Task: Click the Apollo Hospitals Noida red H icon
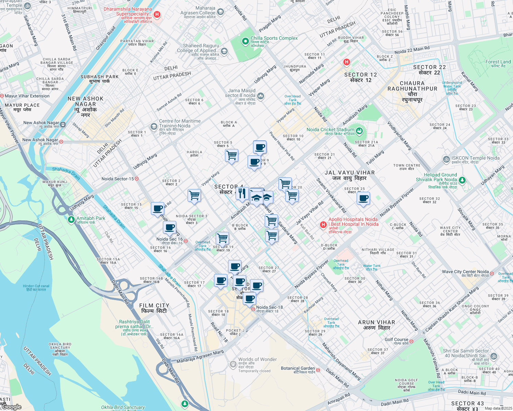(323, 225)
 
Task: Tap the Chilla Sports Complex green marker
(245, 41)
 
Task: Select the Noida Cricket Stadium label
(330, 130)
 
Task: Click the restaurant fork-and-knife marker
(242, 194)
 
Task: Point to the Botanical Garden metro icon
(318, 370)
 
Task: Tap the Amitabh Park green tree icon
(71, 219)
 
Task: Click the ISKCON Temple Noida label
(475, 158)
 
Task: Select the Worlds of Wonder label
(257, 360)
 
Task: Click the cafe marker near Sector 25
(363, 198)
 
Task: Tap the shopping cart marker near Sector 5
(232, 155)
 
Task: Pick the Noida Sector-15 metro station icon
(136, 179)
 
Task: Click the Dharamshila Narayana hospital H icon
(157, 14)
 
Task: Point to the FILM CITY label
(154, 306)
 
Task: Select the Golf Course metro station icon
(411, 341)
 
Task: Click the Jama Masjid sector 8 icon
(261, 96)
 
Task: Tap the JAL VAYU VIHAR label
(349, 173)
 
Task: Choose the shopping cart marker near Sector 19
(222, 238)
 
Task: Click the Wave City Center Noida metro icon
(492, 273)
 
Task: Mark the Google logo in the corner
(12, 407)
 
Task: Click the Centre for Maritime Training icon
(154, 126)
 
